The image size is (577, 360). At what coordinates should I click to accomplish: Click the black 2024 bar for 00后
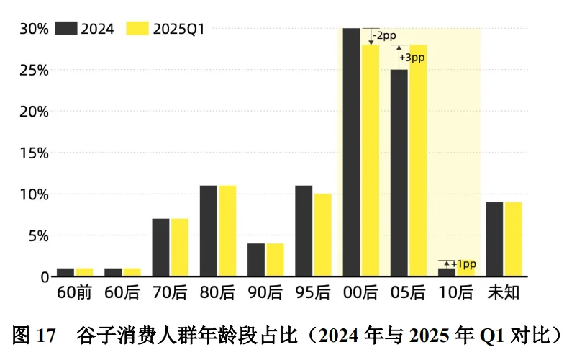coord(351,152)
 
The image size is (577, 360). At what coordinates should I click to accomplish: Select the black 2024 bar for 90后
coord(256,259)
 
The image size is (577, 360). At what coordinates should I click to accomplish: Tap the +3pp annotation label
coord(409,57)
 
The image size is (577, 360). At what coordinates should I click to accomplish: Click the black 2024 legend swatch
coord(67,29)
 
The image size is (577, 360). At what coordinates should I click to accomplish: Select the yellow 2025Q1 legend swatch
coord(137,29)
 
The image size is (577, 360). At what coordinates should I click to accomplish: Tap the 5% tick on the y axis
coord(37,235)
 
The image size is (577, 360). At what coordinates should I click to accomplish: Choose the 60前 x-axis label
coord(74,293)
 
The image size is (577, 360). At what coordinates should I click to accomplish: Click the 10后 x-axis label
coord(456,293)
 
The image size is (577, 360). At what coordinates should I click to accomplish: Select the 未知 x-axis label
coord(504,293)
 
